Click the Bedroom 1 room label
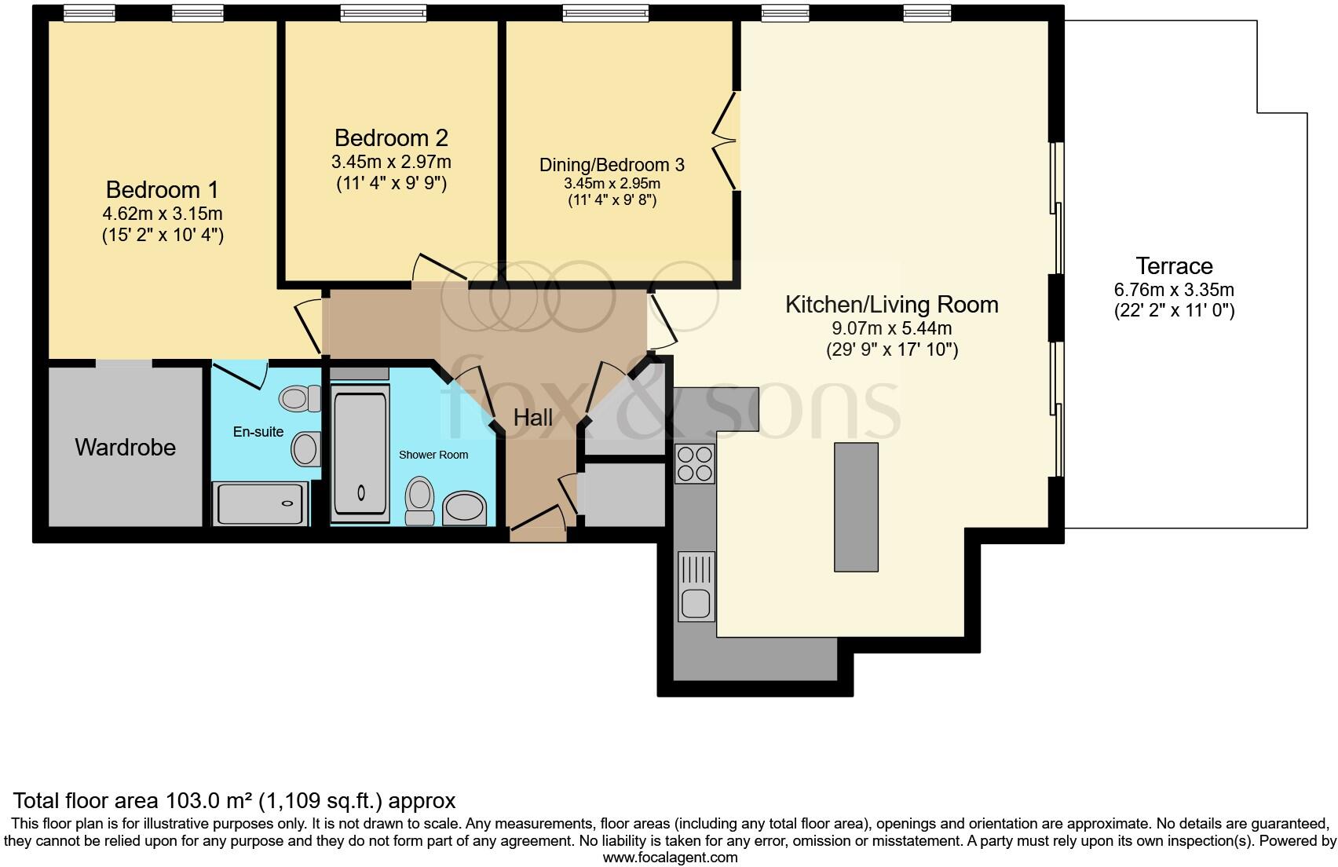(x=163, y=190)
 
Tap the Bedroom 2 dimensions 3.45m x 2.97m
(x=391, y=163)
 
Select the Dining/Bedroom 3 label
(x=612, y=165)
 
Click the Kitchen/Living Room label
(x=891, y=305)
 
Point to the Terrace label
(x=1174, y=266)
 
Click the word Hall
(x=533, y=418)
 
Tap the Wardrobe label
(x=125, y=448)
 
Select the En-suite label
(x=258, y=432)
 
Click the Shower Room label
(x=433, y=455)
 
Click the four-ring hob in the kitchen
(x=695, y=463)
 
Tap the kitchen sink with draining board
(x=696, y=587)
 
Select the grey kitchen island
(x=856, y=507)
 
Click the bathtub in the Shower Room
(x=361, y=455)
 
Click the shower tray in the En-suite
(x=260, y=504)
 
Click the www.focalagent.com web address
(x=669, y=858)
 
